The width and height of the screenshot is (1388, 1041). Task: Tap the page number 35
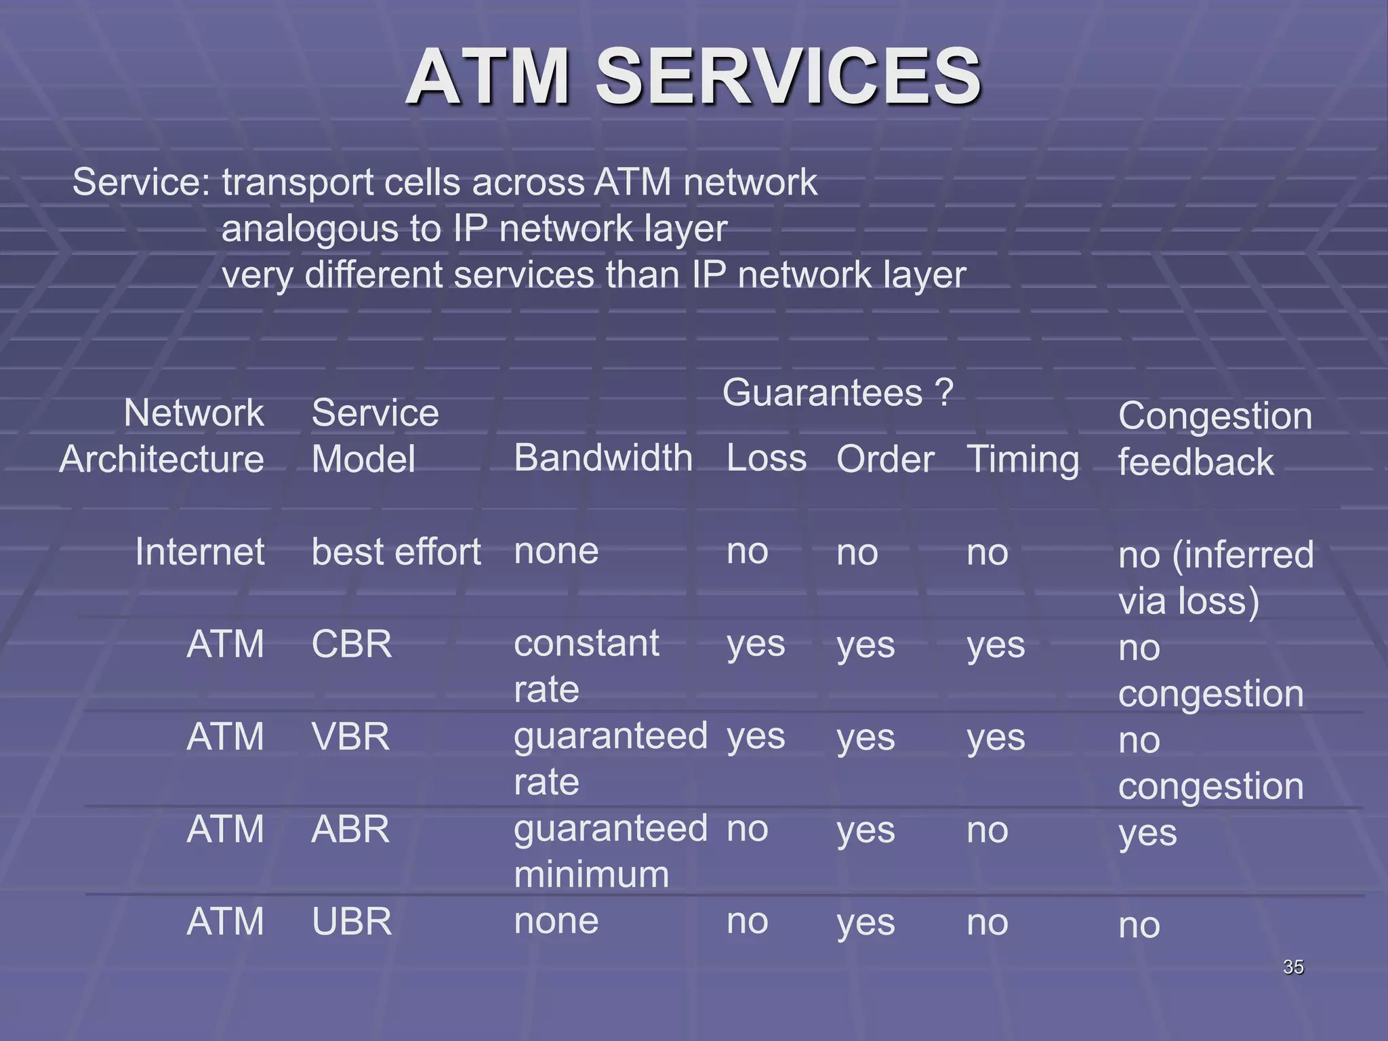tap(1293, 967)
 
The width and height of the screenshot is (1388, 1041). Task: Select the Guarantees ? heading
tap(838, 393)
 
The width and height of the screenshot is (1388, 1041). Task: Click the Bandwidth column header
tap(603, 458)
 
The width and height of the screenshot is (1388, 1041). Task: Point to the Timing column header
tap(1022, 460)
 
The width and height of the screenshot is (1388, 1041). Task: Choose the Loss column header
tap(766, 458)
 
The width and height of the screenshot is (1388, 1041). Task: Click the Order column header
tap(885, 460)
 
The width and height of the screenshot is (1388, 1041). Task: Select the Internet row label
tap(199, 552)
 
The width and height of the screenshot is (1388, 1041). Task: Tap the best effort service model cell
tap(396, 552)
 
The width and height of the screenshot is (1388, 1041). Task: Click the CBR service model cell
tap(352, 644)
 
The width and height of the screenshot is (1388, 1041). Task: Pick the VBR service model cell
tap(350, 737)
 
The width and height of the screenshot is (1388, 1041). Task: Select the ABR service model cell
tap(350, 830)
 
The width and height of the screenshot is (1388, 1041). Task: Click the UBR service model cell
tap(352, 922)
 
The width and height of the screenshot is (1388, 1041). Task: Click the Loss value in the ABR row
tap(747, 830)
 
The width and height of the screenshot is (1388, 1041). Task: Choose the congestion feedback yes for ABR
tap(1147, 834)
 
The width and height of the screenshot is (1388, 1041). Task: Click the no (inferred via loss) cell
tap(1214, 577)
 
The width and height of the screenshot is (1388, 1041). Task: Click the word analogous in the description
tap(310, 229)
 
